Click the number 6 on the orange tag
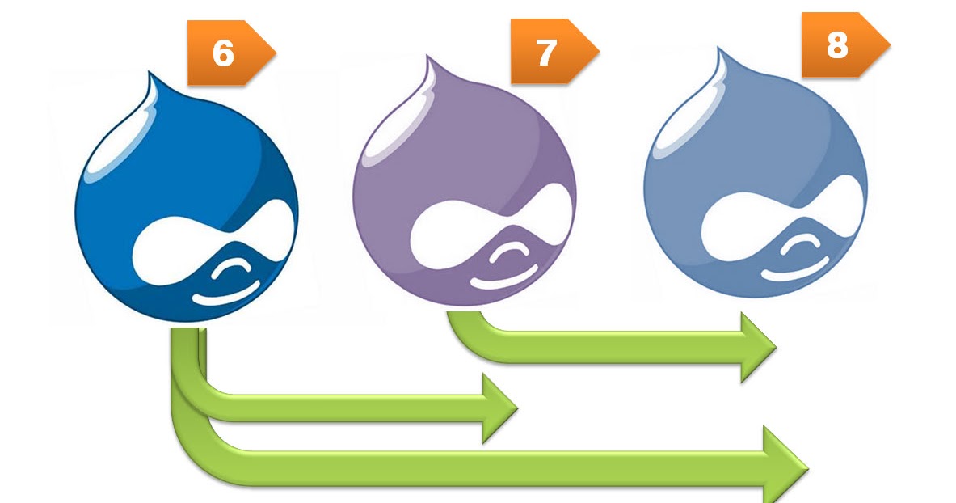[x=223, y=53]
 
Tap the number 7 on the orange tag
[x=545, y=53]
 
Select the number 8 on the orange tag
[x=836, y=45]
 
